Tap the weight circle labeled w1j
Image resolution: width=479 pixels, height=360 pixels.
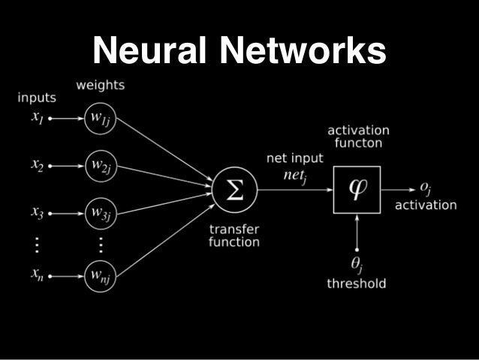coord(100,118)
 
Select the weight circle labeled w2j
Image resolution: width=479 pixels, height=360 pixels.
coord(100,164)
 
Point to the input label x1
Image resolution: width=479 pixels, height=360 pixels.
coord(38,118)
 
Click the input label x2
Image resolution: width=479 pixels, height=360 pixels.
coord(38,165)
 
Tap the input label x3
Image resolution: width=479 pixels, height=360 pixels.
coord(38,212)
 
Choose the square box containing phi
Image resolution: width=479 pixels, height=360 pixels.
coord(357,189)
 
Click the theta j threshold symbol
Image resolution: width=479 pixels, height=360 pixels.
coord(357,264)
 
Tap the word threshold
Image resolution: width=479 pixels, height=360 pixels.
coord(357,283)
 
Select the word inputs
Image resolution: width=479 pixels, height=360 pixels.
coord(38,98)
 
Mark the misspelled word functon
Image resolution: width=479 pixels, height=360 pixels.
coord(357,143)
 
